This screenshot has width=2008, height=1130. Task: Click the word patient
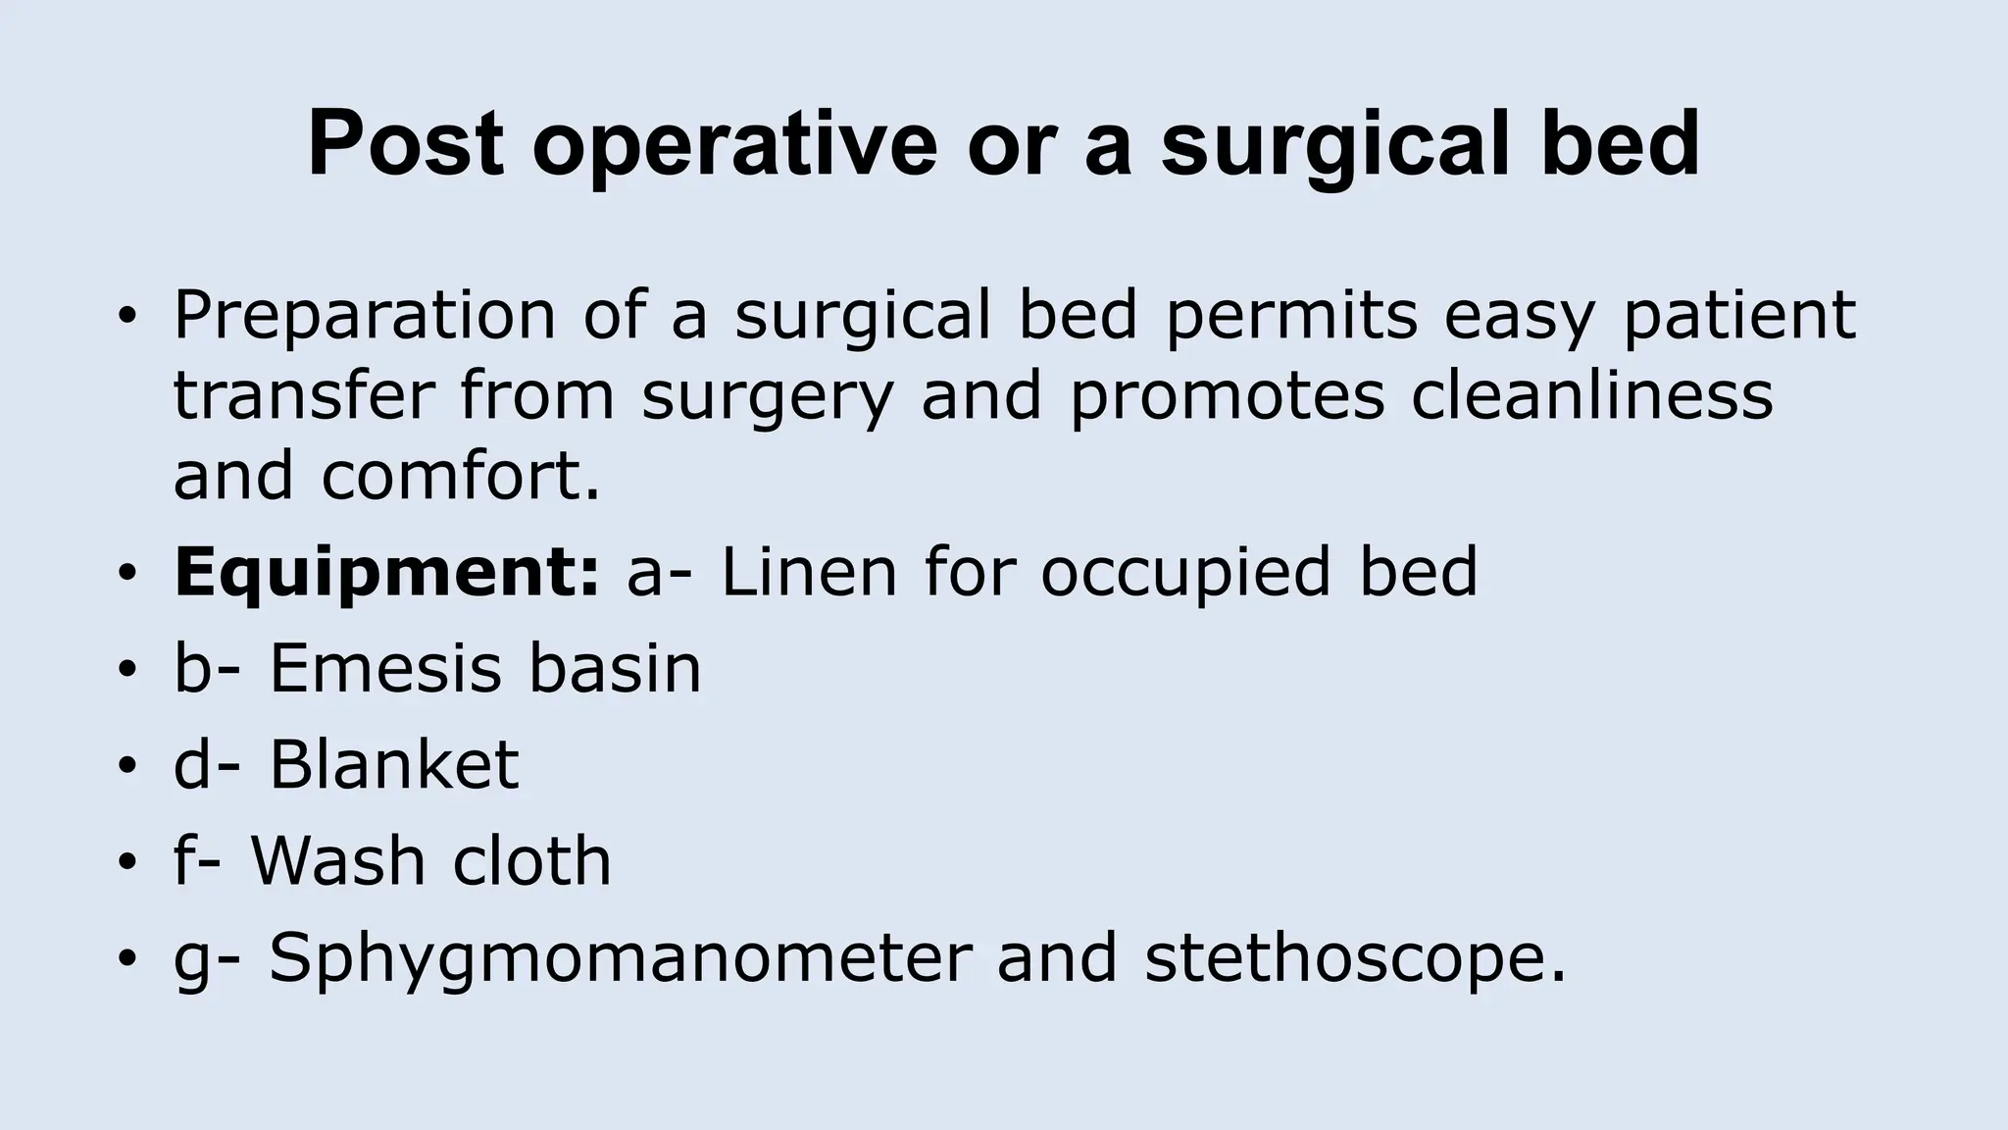click(1739, 316)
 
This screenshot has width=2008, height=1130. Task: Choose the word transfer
click(303, 395)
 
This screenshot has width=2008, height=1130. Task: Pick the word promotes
click(1227, 397)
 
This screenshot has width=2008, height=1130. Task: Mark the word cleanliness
click(1592, 395)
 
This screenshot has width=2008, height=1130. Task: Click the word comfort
click(460, 476)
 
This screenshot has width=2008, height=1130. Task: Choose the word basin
click(615, 668)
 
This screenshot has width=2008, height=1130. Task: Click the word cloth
click(531, 860)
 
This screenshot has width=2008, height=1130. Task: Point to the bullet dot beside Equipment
click(125, 574)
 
